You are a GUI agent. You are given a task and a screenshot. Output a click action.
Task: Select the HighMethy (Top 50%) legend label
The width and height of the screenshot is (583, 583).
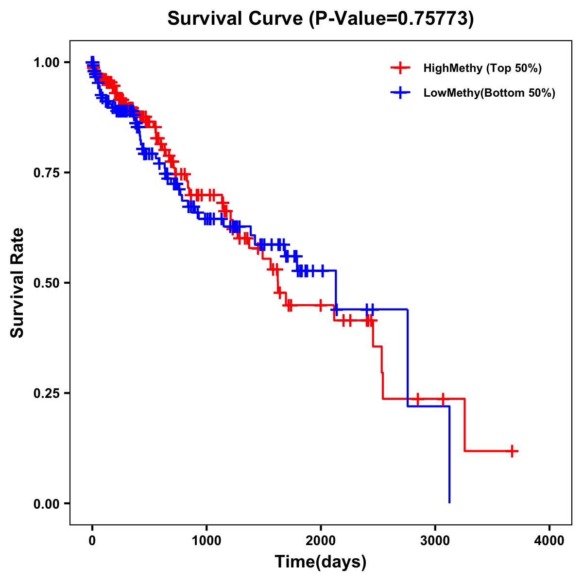(x=482, y=68)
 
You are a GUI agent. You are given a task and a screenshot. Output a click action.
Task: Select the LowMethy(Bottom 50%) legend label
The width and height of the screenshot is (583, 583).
(x=489, y=93)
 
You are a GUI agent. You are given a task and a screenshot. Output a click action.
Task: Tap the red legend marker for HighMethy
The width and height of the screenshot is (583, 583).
(x=400, y=68)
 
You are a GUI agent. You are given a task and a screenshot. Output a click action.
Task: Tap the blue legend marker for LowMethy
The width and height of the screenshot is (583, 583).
(x=400, y=93)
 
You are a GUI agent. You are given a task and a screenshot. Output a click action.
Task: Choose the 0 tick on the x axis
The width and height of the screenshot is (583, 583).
(x=92, y=541)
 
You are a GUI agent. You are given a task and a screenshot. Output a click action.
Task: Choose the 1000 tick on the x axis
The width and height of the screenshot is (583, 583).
(x=206, y=541)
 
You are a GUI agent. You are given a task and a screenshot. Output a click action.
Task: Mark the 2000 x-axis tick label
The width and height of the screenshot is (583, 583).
(x=321, y=541)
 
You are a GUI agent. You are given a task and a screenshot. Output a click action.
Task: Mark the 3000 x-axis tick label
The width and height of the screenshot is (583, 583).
(x=435, y=541)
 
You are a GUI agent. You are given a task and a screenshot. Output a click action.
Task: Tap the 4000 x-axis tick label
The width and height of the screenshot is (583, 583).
(x=549, y=541)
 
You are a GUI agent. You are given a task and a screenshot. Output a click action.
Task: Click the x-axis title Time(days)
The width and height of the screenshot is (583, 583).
(x=321, y=562)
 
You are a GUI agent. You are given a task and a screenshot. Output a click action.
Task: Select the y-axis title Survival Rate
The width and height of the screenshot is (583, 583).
(x=17, y=283)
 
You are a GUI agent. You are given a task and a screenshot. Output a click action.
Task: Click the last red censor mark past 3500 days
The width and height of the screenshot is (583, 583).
(x=512, y=451)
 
